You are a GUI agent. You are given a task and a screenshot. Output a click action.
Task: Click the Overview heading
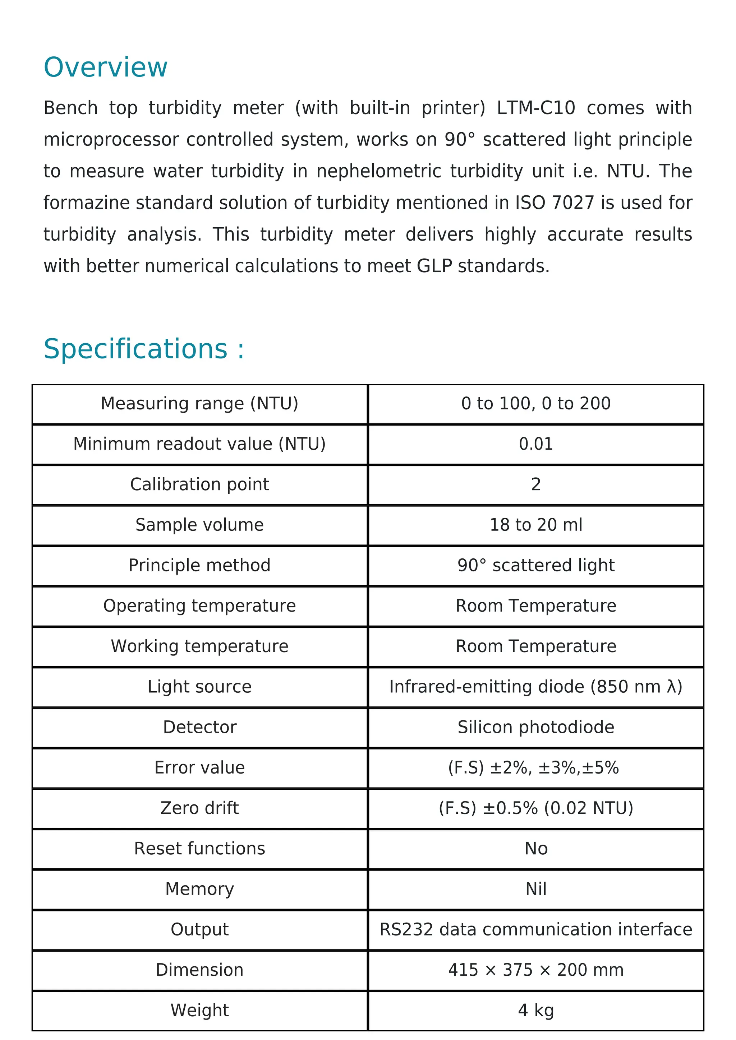[x=105, y=68]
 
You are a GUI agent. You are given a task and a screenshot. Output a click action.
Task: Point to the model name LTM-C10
[x=536, y=108]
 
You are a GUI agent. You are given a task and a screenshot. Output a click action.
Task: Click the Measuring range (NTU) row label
[x=199, y=404]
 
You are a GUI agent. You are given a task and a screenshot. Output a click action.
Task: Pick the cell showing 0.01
[x=536, y=444]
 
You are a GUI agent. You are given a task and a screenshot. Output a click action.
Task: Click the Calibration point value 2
[x=536, y=484]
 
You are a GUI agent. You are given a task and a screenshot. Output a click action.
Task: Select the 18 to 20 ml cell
[x=536, y=525]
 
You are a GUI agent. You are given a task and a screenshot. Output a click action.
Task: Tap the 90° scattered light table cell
[x=536, y=565]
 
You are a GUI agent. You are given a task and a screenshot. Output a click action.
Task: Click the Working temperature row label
[x=199, y=646]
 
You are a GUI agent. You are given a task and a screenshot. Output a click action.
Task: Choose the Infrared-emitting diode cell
[x=536, y=687]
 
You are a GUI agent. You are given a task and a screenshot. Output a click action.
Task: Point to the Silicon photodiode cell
[x=536, y=727]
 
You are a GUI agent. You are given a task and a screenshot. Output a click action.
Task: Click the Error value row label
[x=199, y=767]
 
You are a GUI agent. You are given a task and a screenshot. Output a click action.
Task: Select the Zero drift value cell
[x=536, y=808]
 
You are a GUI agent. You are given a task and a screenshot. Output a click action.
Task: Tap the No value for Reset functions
[x=536, y=848]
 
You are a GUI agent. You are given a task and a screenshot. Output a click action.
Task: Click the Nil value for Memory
[x=536, y=889]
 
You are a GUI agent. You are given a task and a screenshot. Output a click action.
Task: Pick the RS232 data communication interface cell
[x=536, y=929]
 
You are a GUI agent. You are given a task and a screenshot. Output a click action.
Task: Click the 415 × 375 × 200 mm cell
[x=536, y=970]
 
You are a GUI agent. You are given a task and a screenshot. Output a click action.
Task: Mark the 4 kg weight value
[x=536, y=1010]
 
